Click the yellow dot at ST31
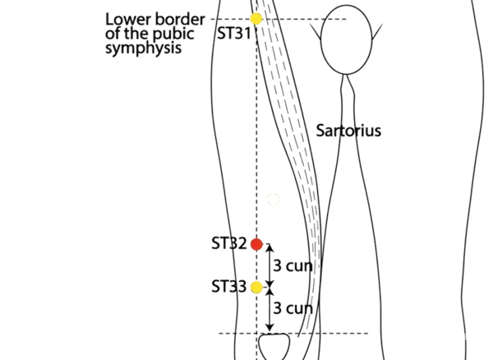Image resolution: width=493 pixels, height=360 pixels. tap(256, 18)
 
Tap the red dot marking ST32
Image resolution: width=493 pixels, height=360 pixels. tap(256, 244)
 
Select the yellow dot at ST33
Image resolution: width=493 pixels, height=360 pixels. tap(256, 287)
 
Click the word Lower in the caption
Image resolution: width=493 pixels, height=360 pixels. tap(126, 17)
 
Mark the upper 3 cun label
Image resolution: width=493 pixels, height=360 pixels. tap(291, 265)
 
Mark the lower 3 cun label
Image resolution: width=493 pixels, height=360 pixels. tap(292, 308)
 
